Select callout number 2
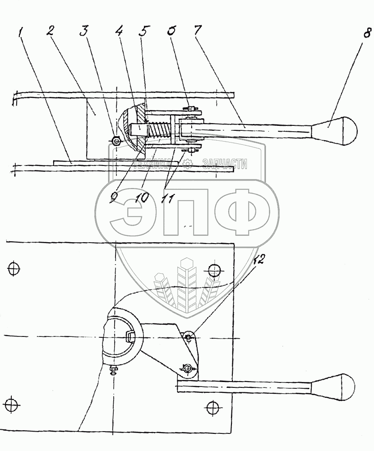(x=51, y=32)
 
